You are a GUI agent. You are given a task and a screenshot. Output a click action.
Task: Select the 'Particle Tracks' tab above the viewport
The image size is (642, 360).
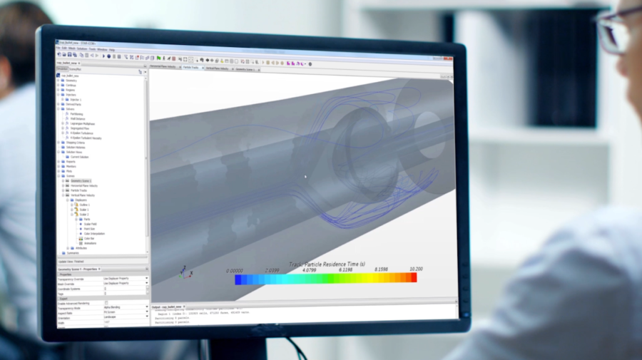click(x=192, y=69)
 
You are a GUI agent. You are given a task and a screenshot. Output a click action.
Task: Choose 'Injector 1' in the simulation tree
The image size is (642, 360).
click(x=76, y=100)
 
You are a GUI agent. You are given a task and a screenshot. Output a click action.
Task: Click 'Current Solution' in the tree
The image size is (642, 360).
click(x=79, y=157)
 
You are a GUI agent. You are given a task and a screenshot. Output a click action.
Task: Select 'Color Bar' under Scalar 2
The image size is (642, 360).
click(x=89, y=238)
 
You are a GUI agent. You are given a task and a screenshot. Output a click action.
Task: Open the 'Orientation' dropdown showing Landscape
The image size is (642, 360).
click(x=126, y=318)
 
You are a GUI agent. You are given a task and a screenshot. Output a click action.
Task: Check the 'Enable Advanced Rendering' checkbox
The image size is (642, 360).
click(x=106, y=303)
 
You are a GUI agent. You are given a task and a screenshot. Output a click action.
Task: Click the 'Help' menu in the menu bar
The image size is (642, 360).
click(x=112, y=50)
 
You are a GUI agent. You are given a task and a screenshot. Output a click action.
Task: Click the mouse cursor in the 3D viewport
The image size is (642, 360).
click(x=305, y=177)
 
